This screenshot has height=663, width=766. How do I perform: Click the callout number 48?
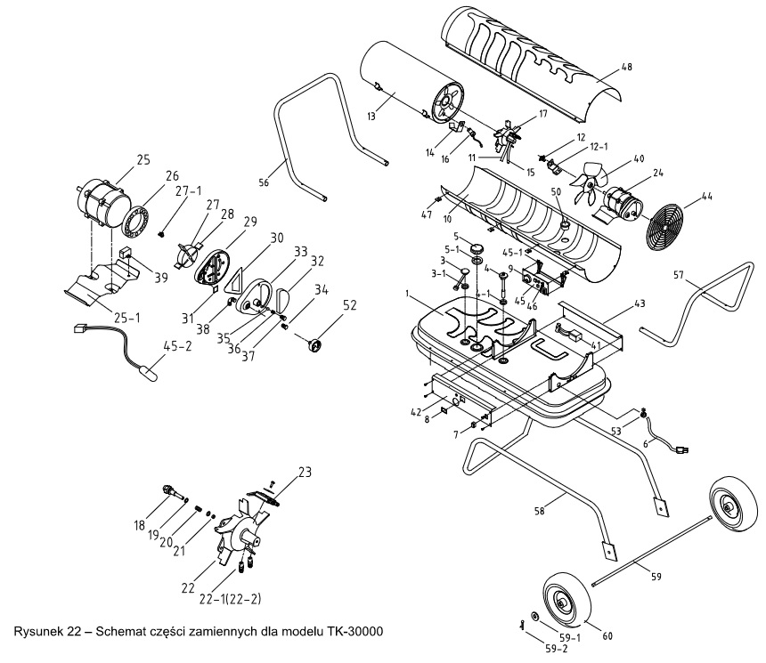pyautogui.click(x=626, y=67)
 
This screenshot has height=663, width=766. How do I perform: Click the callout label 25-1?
pyautogui.click(x=126, y=319)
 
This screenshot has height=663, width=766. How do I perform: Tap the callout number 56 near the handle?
pyautogui.click(x=264, y=182)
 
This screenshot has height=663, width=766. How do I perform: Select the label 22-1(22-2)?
pyautogui.click(x=230, y=599)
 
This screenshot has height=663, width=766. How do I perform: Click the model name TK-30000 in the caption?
pyautogui.click(x=354, y=631)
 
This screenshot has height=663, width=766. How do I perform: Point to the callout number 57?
pyautogui.click(x=679, y=275)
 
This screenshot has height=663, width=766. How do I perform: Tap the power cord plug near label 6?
pyautogui.click(x=681, y=450)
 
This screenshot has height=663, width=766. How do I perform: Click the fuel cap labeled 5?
pyautogui.click(x=476, y=247)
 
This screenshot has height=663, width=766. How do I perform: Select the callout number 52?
pyautogui.click(x=350, y=305)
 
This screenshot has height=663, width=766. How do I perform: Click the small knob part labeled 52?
pyautogui.click(x=314, y=345)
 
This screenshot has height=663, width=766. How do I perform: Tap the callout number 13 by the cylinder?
pyautogui.click(x=371, y=117)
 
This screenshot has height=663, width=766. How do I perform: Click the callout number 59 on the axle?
pyautogui.click(x=656, y=577)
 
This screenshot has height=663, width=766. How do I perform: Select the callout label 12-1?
pyautogui.click(x=599, y=146)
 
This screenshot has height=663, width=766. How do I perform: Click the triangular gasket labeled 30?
pyautogui.click(x=236, y=281)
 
